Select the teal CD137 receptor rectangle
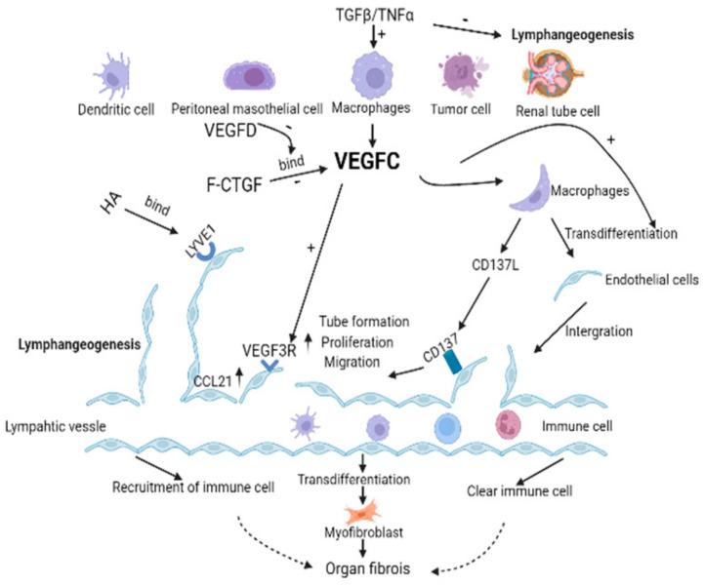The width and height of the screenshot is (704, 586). pyautogui.click(x=452, y=361)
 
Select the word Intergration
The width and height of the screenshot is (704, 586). pyautogui.click(x=599, y=332)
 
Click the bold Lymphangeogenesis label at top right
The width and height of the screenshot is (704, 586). pyautogui.click(x=573, y=34)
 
